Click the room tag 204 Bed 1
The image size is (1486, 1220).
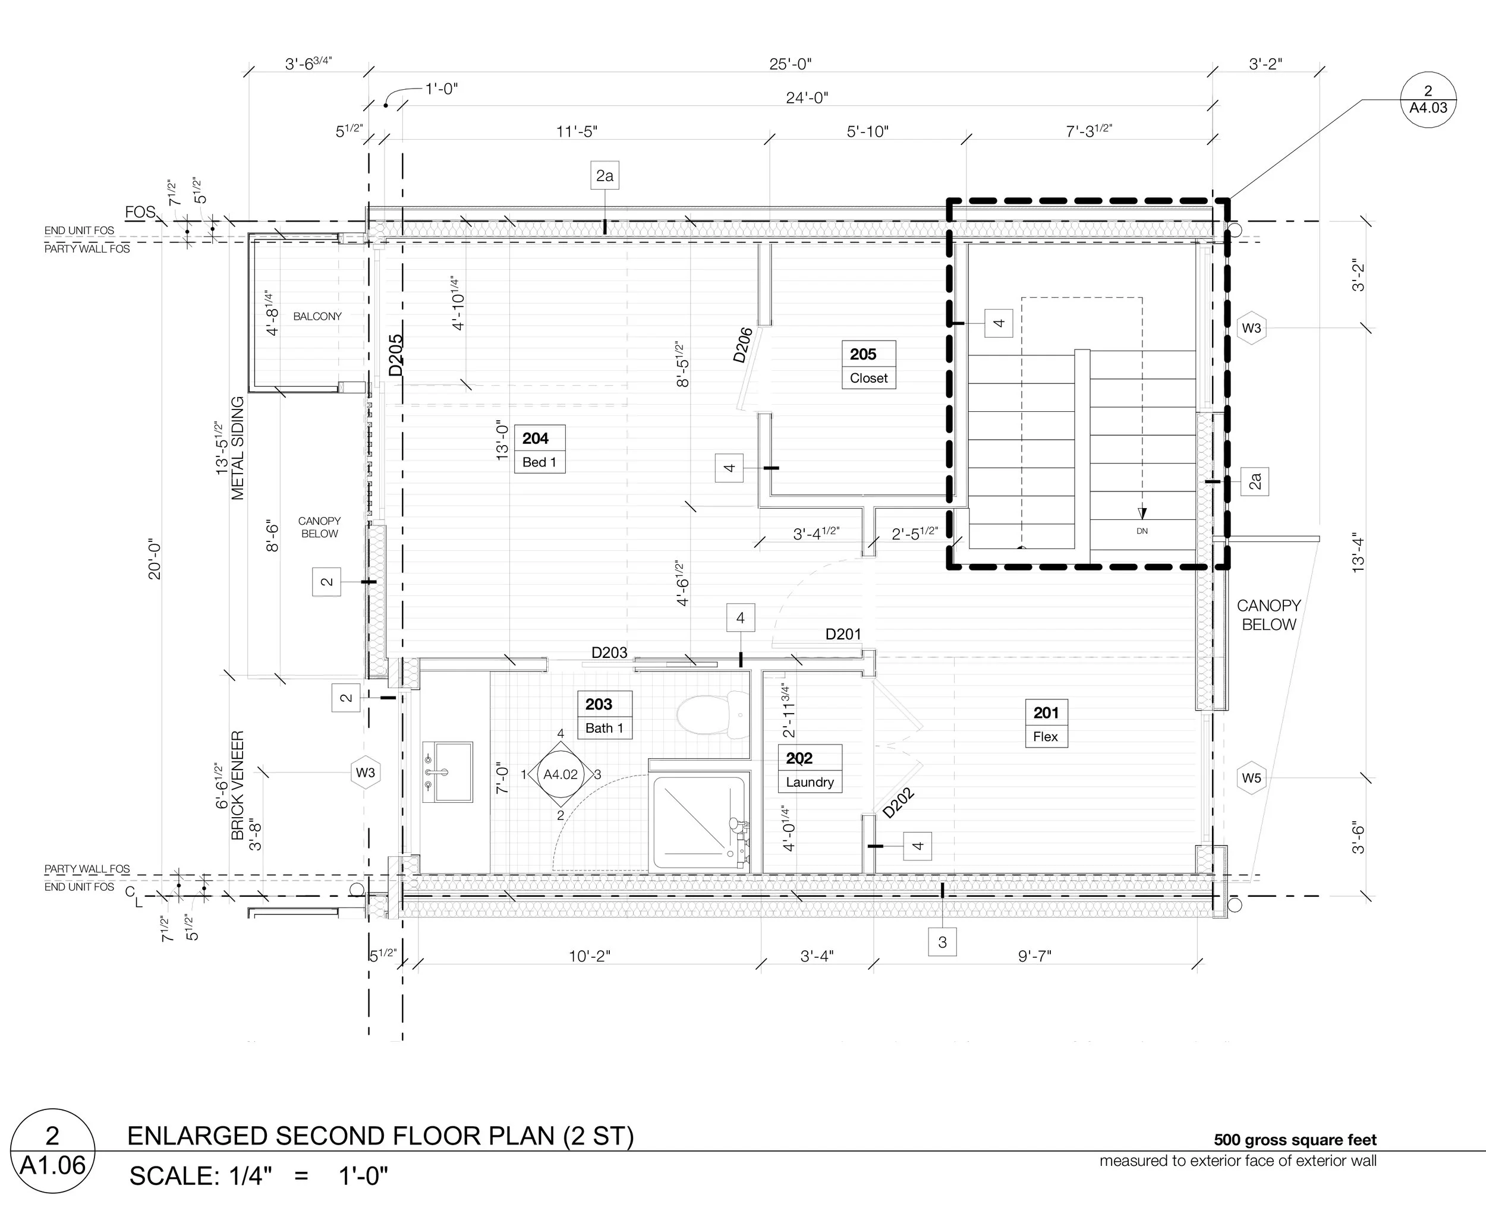point(540,449)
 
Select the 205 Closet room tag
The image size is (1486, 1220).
point(869,365)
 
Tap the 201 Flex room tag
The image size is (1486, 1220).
point(1046,723)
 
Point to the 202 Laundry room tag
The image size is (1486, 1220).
point(810,769)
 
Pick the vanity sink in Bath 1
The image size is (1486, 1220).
point(448,771)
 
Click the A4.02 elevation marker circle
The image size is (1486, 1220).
point(561,774)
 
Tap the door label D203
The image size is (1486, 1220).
point(609,652)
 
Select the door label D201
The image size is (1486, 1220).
point(843,634)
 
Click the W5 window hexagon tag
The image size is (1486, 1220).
point(1251,778)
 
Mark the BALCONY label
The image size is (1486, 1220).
point(317,316)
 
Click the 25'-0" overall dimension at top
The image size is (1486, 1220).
point(790,64)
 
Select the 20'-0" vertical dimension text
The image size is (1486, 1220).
point(155,559)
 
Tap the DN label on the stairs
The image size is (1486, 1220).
point(1142,531)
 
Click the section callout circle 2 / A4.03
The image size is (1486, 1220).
point(1428,99)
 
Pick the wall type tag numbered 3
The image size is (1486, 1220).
point(943,942)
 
